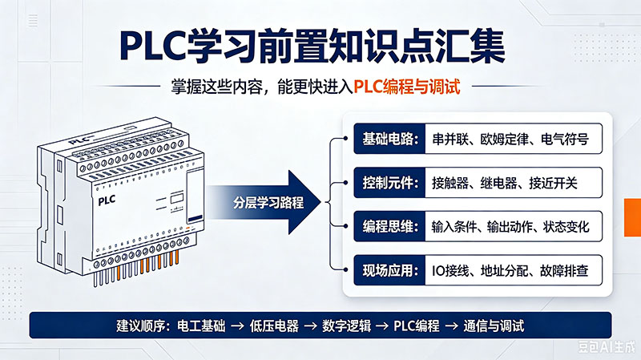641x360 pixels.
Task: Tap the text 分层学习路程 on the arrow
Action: [x=268, y=203]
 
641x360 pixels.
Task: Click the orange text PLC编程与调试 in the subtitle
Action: [x=407, y=87]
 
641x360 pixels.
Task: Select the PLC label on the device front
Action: [x=107, y=201]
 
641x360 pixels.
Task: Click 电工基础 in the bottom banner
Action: [x=201, y=326]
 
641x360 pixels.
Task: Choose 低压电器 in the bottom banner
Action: [x=274, y=326]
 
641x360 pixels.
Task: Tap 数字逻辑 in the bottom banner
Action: [x=347, y=326]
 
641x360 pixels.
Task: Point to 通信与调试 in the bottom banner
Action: [x=494, y=326]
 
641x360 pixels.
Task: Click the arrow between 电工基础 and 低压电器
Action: [x=237, y=326]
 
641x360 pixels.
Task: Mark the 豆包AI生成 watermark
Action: [x=607, y=347]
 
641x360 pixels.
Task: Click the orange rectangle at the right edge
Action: [x=632, y=217]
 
